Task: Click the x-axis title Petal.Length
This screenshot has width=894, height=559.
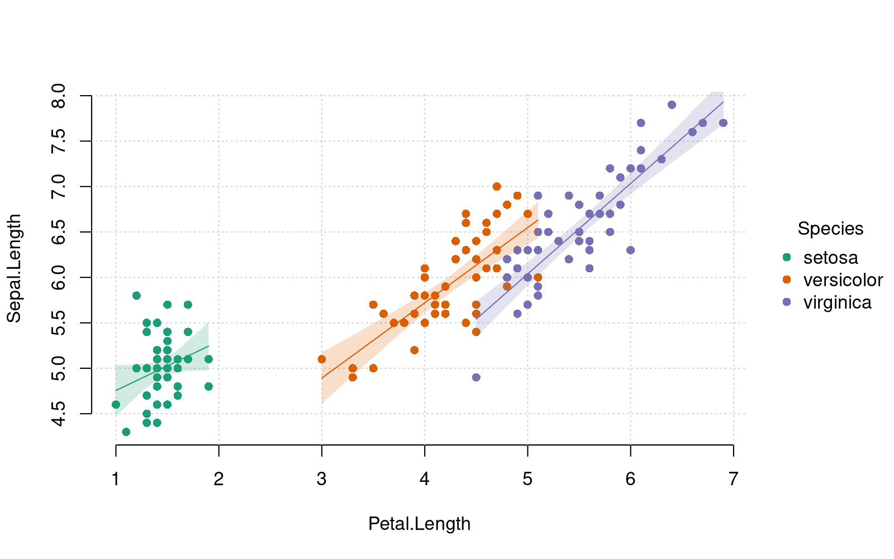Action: pos(419,524)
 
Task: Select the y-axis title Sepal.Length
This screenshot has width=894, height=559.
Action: pos(14,268)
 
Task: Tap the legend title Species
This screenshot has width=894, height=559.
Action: pos(830,229)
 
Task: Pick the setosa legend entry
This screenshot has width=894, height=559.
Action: pos(830,257)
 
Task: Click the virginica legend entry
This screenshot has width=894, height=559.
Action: pos(837,302)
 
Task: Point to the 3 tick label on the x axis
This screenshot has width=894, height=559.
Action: pos(321,479)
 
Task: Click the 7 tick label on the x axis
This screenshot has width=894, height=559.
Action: pos(733,479)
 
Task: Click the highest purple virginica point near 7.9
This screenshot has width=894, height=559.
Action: pos(672,105)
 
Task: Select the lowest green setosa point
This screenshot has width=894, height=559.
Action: pos(126,432)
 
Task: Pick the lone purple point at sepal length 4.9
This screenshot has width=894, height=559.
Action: pos(476,377)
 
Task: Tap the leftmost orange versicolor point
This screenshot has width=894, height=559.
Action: pos(321,359)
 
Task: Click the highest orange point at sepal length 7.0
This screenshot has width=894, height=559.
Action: pos(497,187)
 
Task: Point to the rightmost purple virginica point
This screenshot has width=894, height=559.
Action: pos(723,123)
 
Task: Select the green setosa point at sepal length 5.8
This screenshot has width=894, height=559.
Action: pos(136,296)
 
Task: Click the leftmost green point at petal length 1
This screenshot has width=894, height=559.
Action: pos(116,404)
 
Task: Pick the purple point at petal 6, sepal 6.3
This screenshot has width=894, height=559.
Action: pos(630,250)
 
